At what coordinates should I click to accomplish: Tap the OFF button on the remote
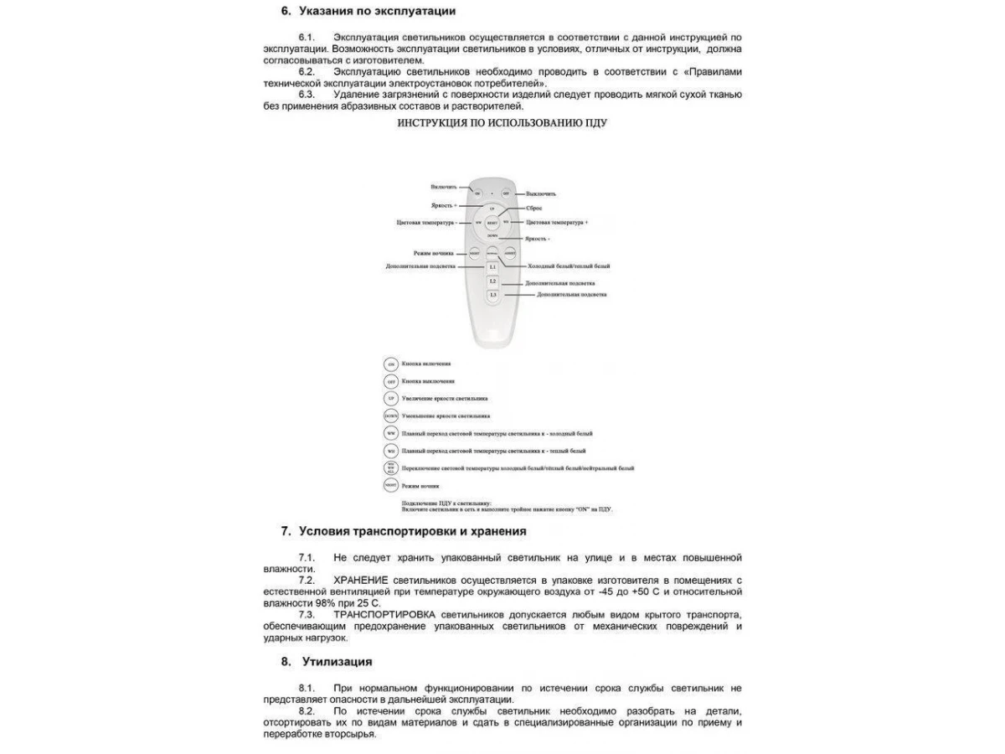506,193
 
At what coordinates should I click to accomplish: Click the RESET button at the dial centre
492,223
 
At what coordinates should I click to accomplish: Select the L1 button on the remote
492,266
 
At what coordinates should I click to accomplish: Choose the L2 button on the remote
492,281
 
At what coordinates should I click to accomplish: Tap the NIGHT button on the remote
475,252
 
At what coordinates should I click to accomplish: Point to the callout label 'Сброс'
533,207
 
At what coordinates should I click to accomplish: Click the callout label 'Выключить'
541,194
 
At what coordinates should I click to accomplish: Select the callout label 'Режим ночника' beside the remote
434,252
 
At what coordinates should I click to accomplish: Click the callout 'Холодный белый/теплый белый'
569,266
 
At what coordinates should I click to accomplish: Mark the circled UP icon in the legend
390,399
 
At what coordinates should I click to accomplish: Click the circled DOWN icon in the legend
390,416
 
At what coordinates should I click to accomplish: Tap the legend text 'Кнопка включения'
426,364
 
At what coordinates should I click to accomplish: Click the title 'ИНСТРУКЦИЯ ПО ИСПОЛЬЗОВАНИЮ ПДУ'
502,122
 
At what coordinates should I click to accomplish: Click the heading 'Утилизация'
337,661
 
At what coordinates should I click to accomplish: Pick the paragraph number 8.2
307,710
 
